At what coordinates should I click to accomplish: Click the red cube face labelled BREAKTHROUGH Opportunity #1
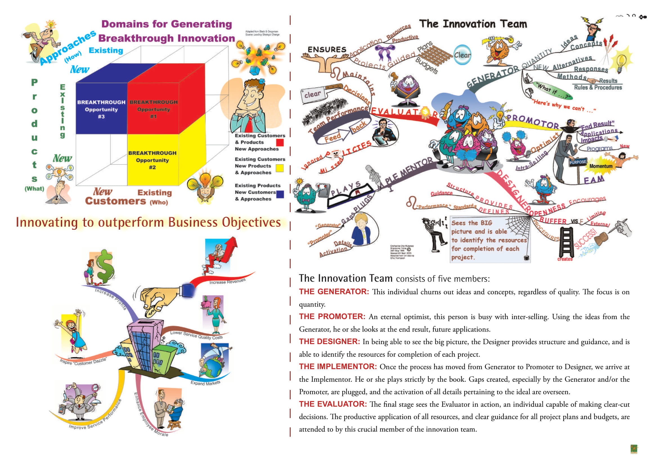click(x=153, y=109)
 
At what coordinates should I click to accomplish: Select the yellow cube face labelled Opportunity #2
click(x=152, y=160)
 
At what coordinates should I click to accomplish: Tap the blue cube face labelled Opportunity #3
click(x=101, y=109)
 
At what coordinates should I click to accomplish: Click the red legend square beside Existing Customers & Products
click(x=280, y=142)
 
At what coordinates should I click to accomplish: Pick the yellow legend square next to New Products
click(x=279, y=168)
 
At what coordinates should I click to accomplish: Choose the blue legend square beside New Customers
click(x=280, y=195)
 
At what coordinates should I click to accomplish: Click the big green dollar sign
click(x=105, y=267)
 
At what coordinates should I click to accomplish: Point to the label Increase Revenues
click(x=227, y=281)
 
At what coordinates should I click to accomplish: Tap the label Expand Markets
click(x=205, y=383)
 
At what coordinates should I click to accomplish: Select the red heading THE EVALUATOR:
click(x=333, y=404)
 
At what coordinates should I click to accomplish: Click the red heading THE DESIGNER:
click(x=329, y=341)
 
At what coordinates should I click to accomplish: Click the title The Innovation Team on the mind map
click(x=473, y=24)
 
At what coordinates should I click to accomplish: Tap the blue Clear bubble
click(x=462, y=55)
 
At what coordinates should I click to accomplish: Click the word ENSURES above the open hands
click(x=327, y=49)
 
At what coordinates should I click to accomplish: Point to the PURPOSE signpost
click(x=578, y=162)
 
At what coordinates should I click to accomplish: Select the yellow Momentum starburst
click(x=601, y=166)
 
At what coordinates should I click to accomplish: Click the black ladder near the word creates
click(x=566, y=242)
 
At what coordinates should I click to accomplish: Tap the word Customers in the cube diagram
click(x=116, y=201)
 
